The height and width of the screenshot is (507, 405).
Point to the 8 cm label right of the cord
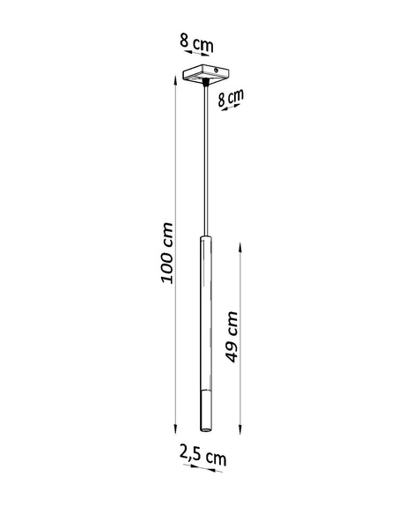tap(231, 97)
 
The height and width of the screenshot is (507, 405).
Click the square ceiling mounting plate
tap(203, 75)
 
